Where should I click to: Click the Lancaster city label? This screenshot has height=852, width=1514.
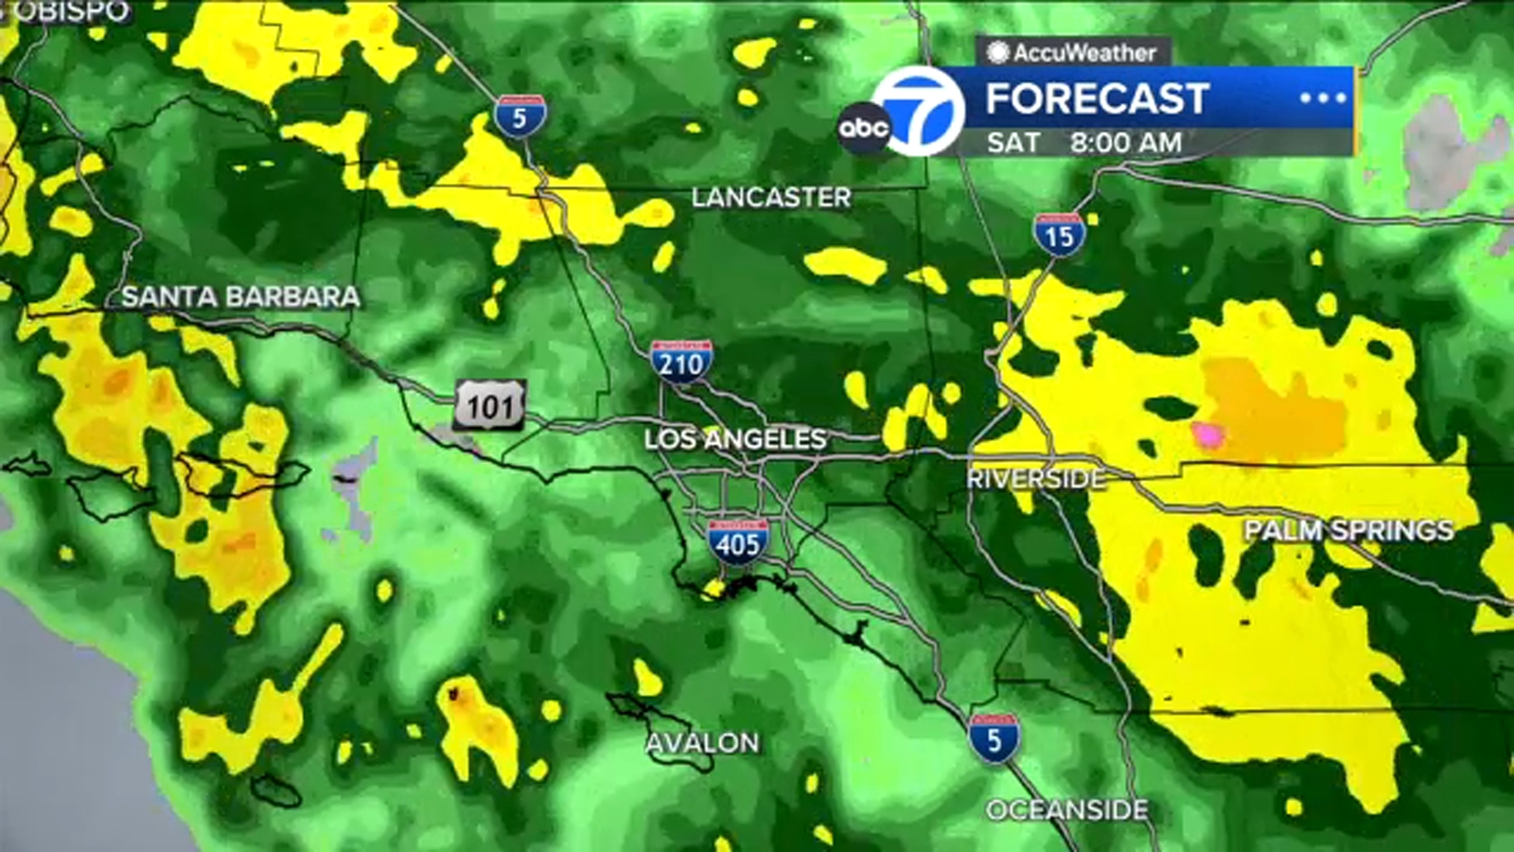click(x=770, y=197)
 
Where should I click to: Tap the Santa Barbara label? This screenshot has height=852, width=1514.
click(x=240, y=296)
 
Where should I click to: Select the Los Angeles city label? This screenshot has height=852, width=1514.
click(x=735, y=438)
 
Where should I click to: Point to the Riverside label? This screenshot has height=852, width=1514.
click(x=1035, y=478)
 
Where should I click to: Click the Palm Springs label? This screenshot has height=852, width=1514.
click(x=1348, y=530)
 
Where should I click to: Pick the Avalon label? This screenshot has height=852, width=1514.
click(x=702, y=742)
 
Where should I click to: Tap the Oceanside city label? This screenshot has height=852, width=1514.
click(x=1066, y=809)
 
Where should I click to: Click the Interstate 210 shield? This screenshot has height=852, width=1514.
click(x=681, y=361)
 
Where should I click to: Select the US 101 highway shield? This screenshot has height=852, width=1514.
click(x=489, y=406)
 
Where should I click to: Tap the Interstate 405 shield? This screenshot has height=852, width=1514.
click(x=737, y=542)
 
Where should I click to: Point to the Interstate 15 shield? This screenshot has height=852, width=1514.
click(x=1059, y=234)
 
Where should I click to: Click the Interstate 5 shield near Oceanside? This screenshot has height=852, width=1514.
click(x=994, y=738)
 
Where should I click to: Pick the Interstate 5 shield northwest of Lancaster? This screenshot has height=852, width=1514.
click(x=519, y=116)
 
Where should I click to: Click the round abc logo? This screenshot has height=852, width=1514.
click(x=863, y=128)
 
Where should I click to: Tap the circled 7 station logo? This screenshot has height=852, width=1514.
click(x=918, y=112)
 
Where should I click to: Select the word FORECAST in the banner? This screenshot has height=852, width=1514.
click(x=1098, y=98)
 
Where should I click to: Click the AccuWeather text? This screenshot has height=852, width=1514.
click(x=1083, y=52)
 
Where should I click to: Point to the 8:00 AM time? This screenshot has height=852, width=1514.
click(x=1126, y=143)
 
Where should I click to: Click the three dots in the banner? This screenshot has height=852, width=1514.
click(x=1322, y=98)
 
